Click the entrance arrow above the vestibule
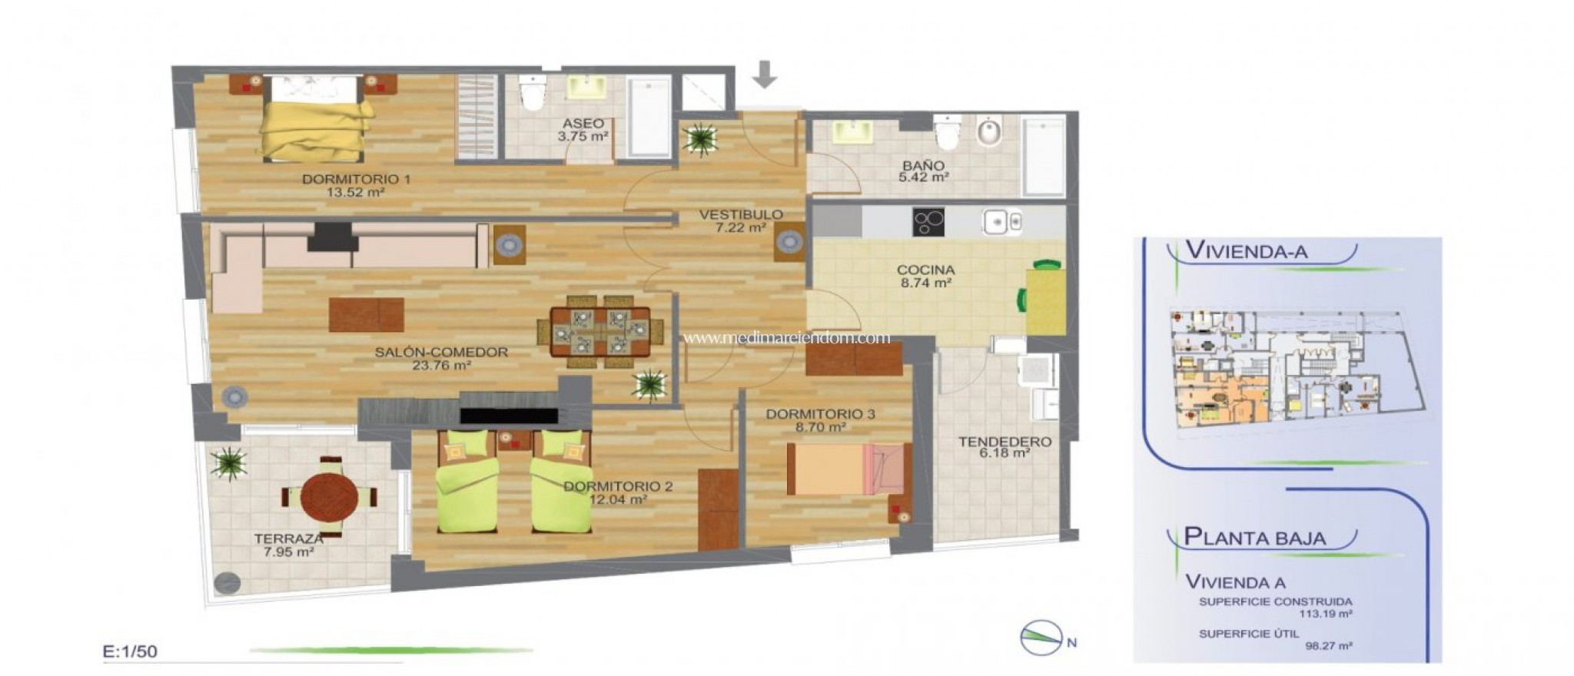coord(765,75)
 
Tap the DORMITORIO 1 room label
coord(356,180)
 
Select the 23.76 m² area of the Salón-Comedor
coord(441,366)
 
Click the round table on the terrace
coord(329,496)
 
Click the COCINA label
coord(925,270)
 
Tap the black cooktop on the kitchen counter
coord(928,223)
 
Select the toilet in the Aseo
coord(531,94)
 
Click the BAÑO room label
coord(923,165)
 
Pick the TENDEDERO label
coord(1005,442)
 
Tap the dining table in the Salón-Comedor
coord(600,331)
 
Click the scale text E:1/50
coord(130,651)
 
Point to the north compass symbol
coord(1038,638)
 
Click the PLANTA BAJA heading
coord(1254,537)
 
